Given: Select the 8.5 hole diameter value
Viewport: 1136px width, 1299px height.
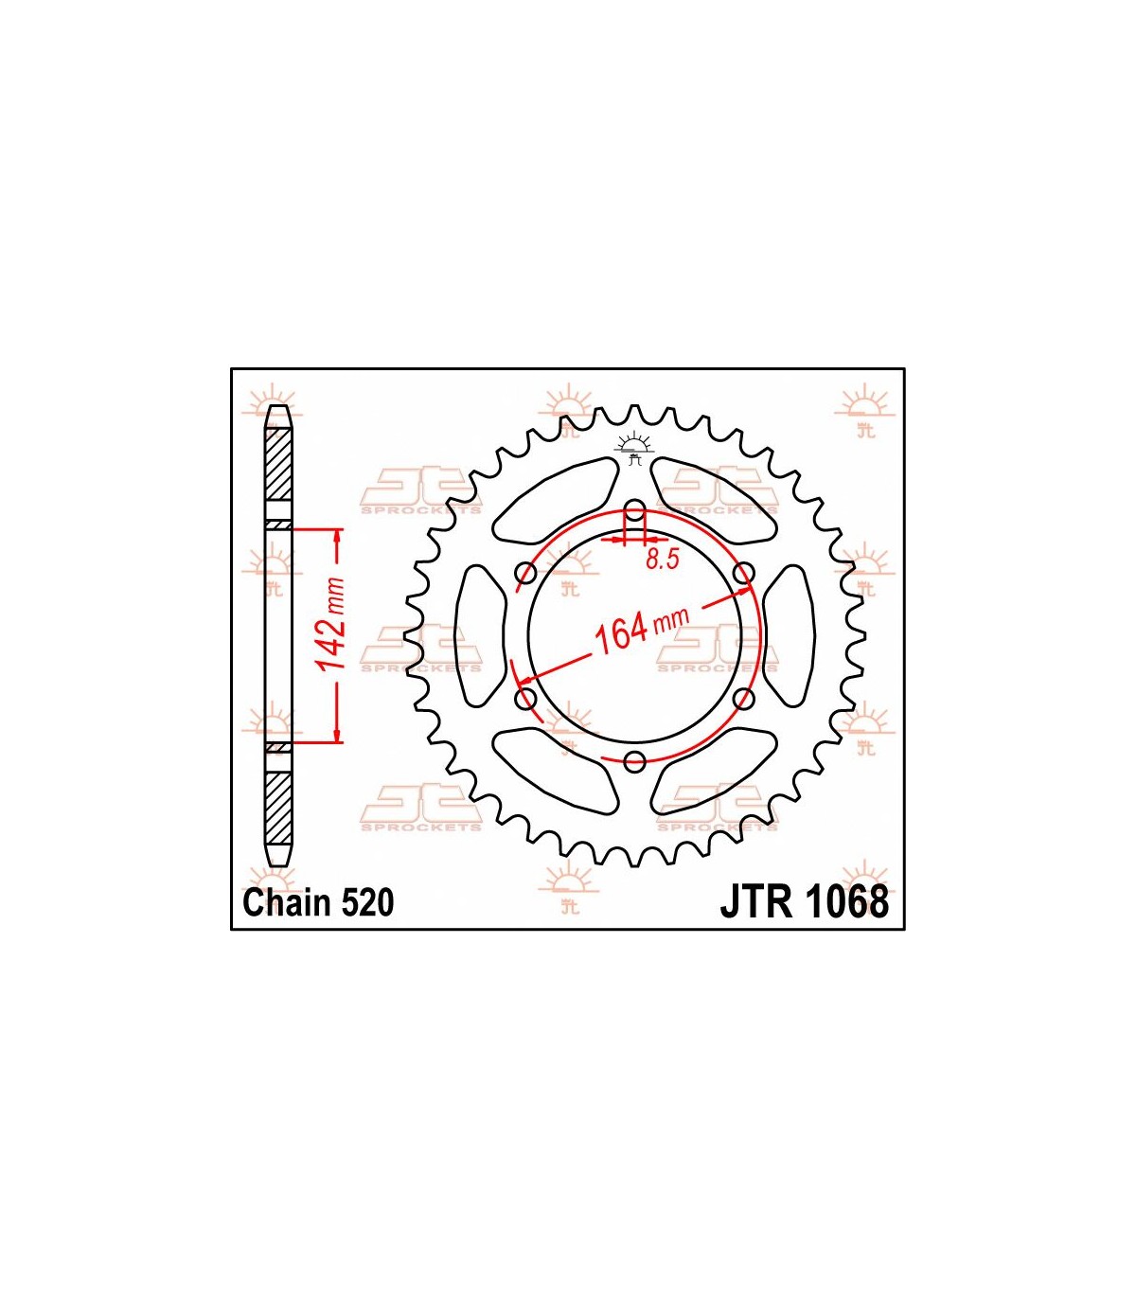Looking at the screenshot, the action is (x=663, y=560).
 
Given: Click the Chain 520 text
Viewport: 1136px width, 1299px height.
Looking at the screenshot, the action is (x=319, y=903).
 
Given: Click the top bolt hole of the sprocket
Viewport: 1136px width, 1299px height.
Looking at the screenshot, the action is (x=634, y=508).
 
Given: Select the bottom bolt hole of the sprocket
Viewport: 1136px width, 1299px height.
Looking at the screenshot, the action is (x=634, y=761).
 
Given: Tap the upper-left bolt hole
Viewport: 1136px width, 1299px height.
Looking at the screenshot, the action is (x=526, y=572).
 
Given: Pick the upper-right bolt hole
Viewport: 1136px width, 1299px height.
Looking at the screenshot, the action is (x=744, y=572).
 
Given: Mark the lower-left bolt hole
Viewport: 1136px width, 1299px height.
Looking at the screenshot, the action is (x=526, y=699).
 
